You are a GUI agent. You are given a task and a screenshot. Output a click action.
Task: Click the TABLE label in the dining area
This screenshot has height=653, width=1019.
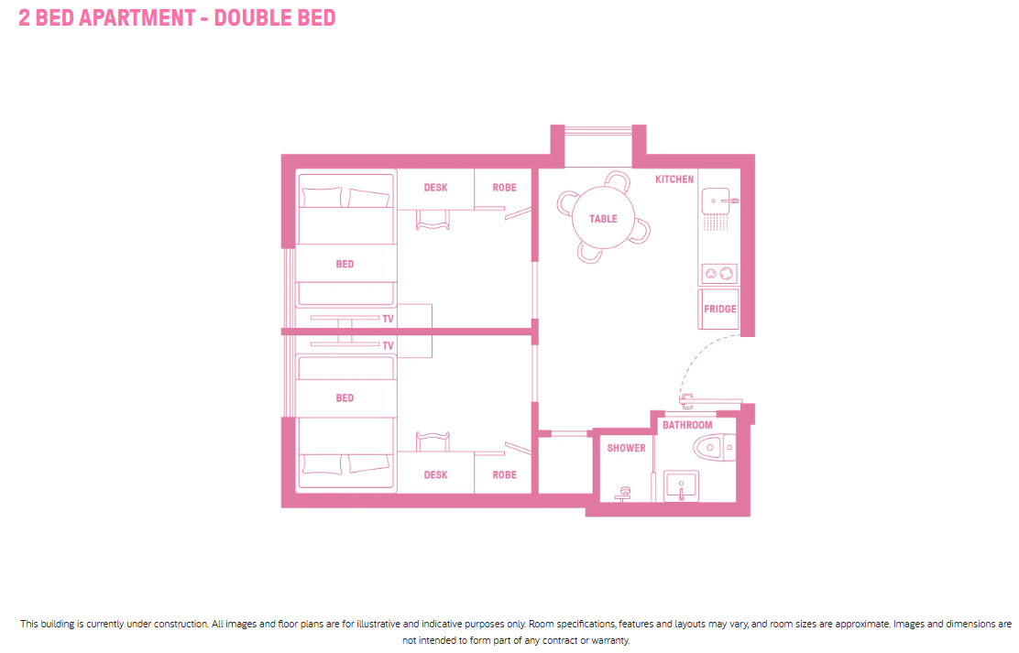pyautogui.click(x=603, y=219)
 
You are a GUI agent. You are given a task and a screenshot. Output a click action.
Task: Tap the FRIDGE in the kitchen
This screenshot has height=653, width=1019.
pyautogui.click(x=718, y=310)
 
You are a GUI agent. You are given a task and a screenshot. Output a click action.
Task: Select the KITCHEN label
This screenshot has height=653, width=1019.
pyautogui.click(x=674, y=180)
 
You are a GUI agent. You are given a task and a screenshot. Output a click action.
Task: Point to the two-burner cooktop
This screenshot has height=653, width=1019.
pyautogui.click(x=718, y=274)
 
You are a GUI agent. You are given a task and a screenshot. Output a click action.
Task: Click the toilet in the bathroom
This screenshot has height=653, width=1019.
pyautogui.click(x=714, y=448)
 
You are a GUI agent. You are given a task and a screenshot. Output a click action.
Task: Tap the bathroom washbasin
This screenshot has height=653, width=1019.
pyautogui.click(x=681, y=486)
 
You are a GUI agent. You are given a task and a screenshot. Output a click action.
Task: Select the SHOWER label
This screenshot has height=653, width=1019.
pyautogui.click(x=626, y=449)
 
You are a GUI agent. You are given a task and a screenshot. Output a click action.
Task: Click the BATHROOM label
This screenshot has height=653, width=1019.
pyautogui.click(x=687, y=425)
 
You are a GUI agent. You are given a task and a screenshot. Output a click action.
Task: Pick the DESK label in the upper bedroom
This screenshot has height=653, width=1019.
pyautogui.click(x=435, y=188)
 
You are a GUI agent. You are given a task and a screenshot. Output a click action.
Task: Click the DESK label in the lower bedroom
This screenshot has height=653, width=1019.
pyautogui.click(x=435, y=475)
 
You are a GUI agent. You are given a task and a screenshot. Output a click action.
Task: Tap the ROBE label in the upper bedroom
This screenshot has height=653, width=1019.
pyautogui.click(x=504, y=188)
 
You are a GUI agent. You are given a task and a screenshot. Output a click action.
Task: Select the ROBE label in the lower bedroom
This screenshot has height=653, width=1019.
pyautogui.click(x=504, y=475)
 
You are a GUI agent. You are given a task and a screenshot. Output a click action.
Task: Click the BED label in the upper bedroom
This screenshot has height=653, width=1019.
pyautogui.click(x=345, y=265)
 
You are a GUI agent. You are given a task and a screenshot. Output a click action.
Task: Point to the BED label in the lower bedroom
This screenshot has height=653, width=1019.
pyautogui.click(x=345, y=398)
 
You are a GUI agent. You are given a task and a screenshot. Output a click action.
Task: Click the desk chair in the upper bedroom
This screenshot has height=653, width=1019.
pyautogui.click(x=433, y=220)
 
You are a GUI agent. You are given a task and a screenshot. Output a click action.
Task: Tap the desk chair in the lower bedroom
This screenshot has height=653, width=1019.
pyautogui.click(x=433, y=441)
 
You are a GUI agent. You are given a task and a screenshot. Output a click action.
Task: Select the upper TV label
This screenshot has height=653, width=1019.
pyautogui.click(x=388, y=319)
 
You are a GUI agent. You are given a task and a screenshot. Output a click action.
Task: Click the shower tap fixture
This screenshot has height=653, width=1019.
pyautogui.click(x=624, y=494)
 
